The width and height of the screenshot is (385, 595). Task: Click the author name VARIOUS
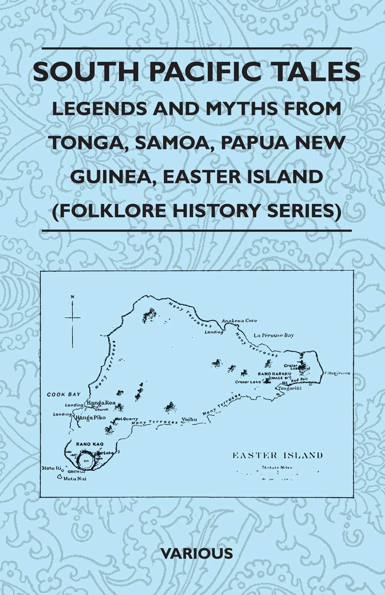tap(196, 553)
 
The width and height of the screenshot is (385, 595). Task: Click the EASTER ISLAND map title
tap(277, 455)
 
